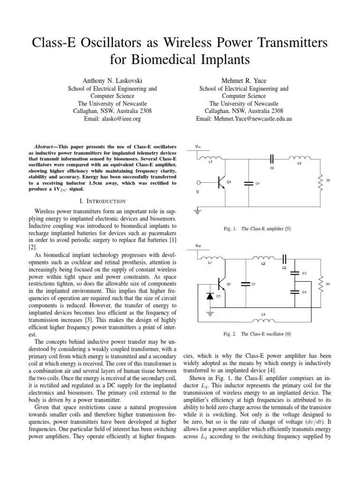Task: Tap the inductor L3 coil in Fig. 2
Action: tap(263, 321)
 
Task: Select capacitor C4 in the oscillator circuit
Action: tap(295, 292)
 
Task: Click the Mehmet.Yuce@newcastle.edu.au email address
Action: tap(244, 119)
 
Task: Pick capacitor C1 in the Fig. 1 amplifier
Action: tap(247, 183)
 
